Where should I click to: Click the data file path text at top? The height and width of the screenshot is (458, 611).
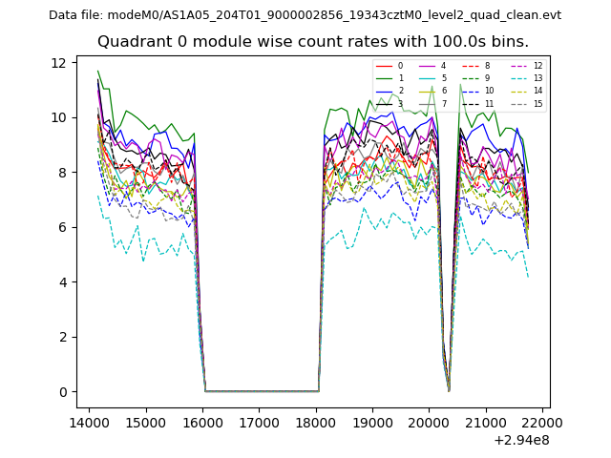(x=305, y=15)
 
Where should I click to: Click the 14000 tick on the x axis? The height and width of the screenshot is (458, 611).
(x=89, y=422)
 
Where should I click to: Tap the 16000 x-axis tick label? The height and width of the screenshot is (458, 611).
(x=202, y=422)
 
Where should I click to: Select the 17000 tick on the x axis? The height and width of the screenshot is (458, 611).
(x=259, y=422)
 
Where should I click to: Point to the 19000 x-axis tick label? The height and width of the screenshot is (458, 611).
(x=372, y=422)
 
